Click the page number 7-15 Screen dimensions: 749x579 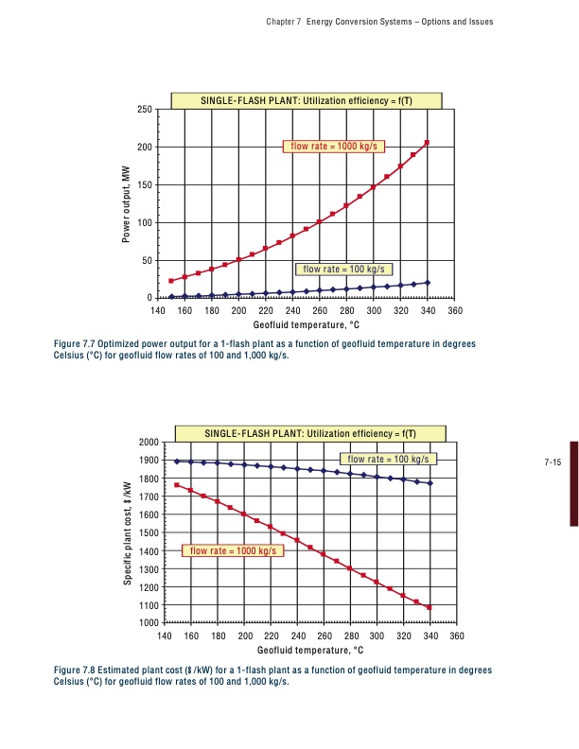tap(553, 462)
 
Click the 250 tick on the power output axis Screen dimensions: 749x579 tap(145, 110)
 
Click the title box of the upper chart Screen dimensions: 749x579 tap(307, 99)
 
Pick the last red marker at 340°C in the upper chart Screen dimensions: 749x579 tap(428, 143)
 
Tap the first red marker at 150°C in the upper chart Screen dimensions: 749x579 tap(171, 281)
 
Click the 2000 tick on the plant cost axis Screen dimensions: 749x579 tap(147, 442)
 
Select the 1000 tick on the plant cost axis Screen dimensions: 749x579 tap(147, 623)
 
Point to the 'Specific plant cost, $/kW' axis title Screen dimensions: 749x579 tap(127, 533)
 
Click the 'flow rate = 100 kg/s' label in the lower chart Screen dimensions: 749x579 tap(388, 459)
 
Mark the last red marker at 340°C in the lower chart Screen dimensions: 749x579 tap(430, 607)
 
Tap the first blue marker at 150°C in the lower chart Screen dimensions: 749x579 tap(177, 461)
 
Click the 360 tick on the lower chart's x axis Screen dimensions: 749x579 tap(457, 636)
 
